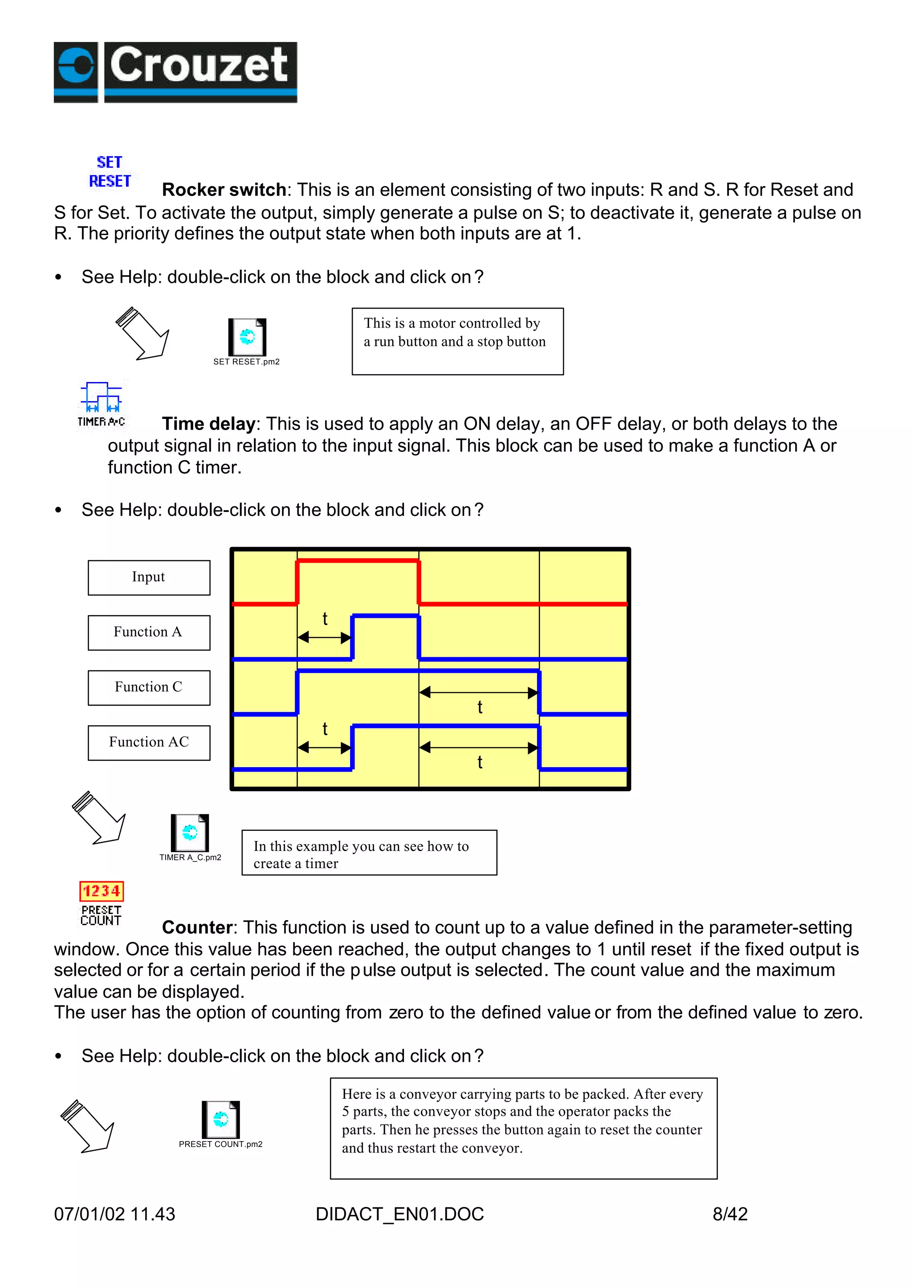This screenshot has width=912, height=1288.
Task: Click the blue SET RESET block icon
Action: tap(110, 172)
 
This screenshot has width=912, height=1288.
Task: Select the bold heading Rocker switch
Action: tap(224, 190)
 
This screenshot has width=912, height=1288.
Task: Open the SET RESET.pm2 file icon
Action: tap(247, 337)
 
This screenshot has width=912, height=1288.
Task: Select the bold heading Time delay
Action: tap(208, 423)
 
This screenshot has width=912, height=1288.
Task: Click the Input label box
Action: tap(149, 577)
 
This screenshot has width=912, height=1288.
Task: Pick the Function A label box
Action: tap(149, 632)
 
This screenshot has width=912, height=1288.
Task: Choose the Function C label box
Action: tap(149, 687)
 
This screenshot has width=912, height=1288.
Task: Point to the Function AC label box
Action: tap(149, 742)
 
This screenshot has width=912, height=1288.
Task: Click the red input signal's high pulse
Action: tap(358, 561)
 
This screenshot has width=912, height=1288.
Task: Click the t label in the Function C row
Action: tap(480, 707)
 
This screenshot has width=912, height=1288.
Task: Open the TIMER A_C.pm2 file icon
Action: tap(190, 833)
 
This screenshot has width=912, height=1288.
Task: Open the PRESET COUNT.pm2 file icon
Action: tap(221, 1119)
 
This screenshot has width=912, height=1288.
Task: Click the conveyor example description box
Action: tap(523, 1128)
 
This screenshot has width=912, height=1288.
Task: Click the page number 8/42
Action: tap(729, 1214)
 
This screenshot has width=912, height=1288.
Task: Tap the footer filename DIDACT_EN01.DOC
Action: tap(399, 1214)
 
